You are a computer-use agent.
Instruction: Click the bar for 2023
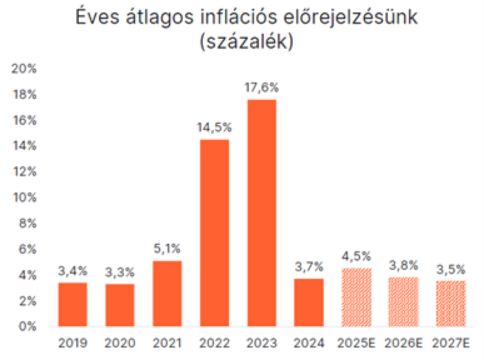point(261,212)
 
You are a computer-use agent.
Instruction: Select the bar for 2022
point(214,232)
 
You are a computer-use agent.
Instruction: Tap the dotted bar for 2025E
point(356,297)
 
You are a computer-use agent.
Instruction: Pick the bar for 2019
point(73,304)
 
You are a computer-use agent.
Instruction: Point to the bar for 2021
point(167,293)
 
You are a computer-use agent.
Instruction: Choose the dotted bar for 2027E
point(451,303)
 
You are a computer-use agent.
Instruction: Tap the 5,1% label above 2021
point(167,250)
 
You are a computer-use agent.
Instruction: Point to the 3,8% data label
point(404,266)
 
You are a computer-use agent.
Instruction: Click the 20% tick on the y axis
point(24,69)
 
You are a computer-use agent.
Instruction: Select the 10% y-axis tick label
point(24,198)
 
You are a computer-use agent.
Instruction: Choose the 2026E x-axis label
point(404,344)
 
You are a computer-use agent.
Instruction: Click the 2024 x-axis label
point(309,344)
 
